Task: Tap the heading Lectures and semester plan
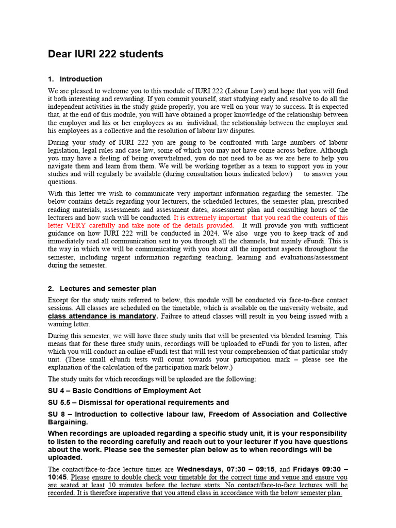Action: (108, 289)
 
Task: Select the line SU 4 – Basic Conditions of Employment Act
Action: (124, 391)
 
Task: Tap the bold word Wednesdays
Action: (199, 469)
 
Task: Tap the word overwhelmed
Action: (158, 159)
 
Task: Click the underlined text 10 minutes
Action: (127, 485)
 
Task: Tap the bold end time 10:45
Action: (58, 477)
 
